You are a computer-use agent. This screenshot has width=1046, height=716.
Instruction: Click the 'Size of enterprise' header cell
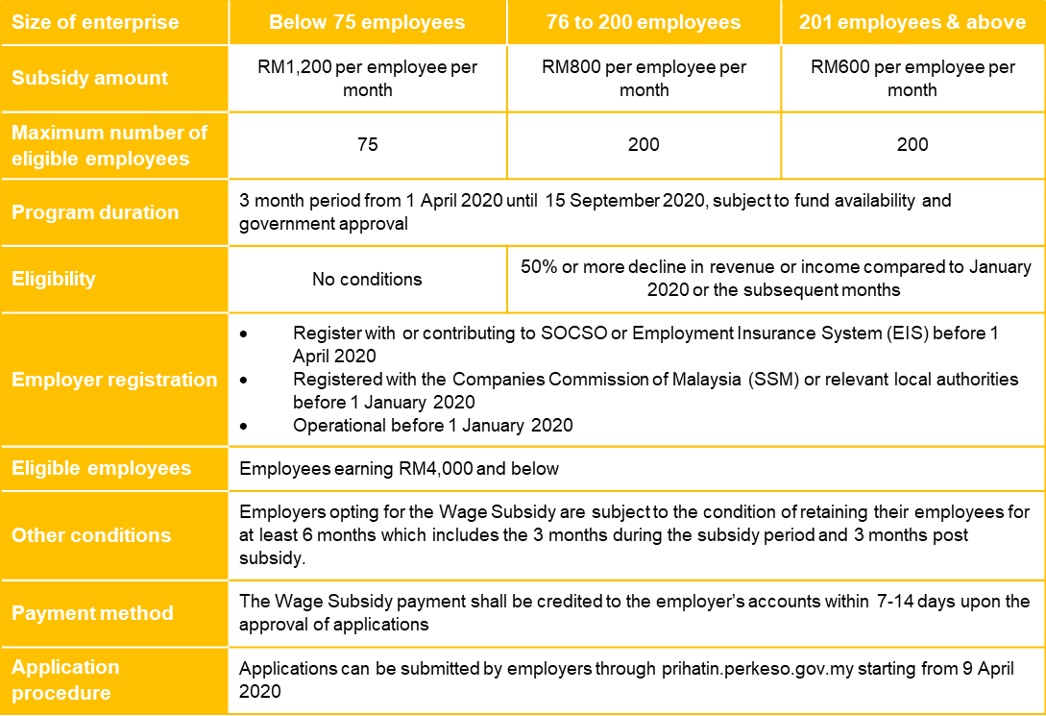click(95, 22)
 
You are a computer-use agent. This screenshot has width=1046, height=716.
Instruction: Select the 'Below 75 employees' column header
click(367, 22)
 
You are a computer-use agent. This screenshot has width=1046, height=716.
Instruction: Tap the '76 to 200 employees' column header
click(644, 22)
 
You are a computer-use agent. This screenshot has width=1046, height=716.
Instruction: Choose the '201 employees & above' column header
click(912, 22)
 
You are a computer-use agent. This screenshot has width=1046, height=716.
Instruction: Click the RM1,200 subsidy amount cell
click(367, 78)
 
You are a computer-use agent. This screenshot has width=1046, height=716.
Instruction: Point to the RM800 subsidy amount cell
click(644, 78)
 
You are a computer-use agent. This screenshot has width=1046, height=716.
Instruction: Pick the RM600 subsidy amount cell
click(912, 78)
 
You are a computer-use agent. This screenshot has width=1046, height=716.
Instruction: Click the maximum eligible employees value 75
click(367, 145)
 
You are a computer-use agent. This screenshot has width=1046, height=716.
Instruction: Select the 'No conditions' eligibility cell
click(367, 280)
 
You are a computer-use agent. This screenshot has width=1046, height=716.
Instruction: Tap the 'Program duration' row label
click(95, 212)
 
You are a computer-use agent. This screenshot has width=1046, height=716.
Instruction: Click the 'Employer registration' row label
click(114, 380)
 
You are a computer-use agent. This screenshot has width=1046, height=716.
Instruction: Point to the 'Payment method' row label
click(92, 613)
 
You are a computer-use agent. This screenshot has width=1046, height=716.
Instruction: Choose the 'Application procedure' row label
click(65, 679)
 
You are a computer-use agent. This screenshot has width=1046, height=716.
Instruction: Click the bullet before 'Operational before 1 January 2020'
click(244, 426)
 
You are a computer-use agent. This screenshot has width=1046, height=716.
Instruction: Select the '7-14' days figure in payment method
click(903, 603)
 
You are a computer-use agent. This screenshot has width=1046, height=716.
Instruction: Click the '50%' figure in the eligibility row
click(539, 267)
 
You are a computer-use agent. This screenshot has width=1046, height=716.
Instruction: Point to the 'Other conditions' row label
click(91, 535)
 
